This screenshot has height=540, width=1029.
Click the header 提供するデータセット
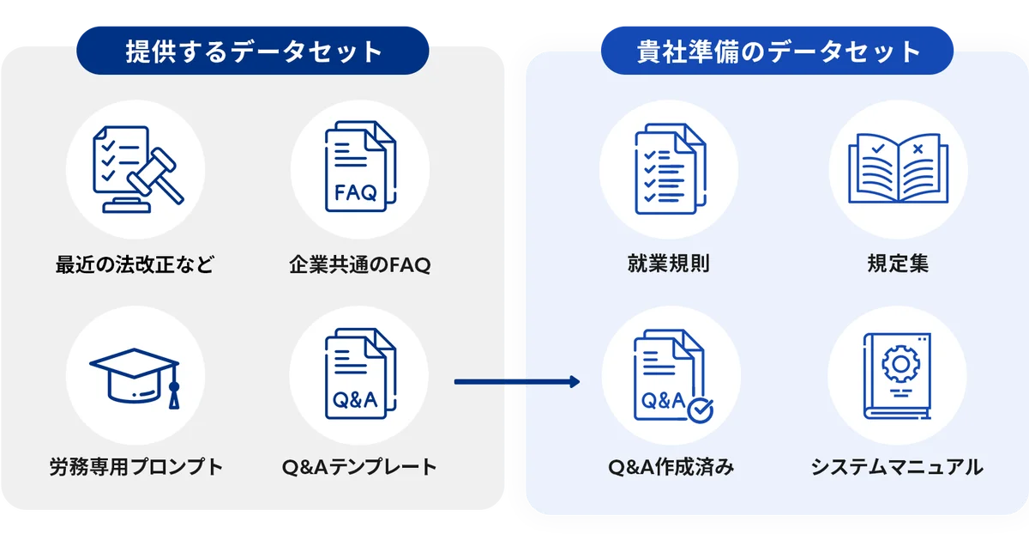pos(252,52)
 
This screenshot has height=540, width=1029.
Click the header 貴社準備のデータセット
pos(777,52)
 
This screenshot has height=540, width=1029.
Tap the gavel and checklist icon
pos(135,167)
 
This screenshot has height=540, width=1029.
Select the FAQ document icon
pos(359,167)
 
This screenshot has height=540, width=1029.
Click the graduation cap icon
pos(135,377)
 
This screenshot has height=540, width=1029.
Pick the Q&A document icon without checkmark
pos(359,377)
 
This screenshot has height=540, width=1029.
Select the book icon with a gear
pos(897,377)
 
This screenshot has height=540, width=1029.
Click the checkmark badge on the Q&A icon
pos(700,410)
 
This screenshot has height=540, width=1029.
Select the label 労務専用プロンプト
pos(135,468)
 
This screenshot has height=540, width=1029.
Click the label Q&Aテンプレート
pos(359,468)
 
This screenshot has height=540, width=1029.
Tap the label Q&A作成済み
pos(671,468)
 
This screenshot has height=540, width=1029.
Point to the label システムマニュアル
pos(897,468)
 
